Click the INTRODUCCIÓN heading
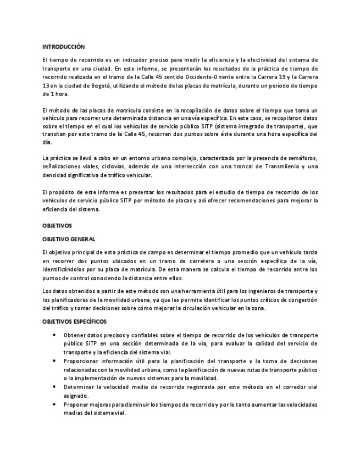(x=63, y=47)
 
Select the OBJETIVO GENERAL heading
(x=69, y=239)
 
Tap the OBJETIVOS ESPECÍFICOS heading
(x=74, y=321)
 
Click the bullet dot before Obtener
(x=54, y=335)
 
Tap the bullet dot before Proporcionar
(x=54, y=361)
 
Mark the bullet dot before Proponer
(x=54, y=404)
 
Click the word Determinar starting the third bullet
(x=81, y=387)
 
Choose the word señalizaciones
(x=62, y=167)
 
